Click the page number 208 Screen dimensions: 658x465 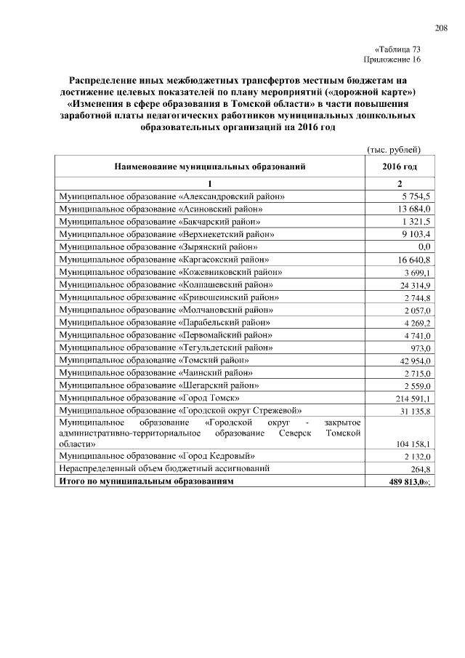441,28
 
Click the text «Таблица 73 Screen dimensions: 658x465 398,49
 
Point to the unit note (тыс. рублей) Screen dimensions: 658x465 393,150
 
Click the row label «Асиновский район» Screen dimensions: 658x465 161,209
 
